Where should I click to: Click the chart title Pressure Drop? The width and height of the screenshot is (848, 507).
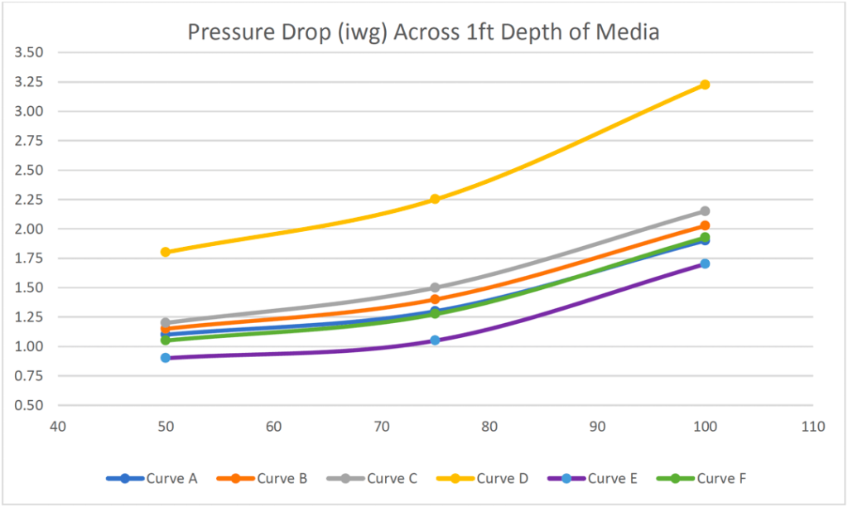coord(423,32)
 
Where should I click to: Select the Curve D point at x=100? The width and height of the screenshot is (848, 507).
coord(705,84)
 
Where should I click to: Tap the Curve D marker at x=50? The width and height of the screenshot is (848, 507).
coord(166,252)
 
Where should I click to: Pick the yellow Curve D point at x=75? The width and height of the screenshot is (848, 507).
coord(435,199)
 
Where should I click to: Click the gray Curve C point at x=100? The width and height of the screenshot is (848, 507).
coord(705,211)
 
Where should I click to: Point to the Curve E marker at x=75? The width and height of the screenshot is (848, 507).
coord(435,340)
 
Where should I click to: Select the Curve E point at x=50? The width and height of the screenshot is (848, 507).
coord(166,358)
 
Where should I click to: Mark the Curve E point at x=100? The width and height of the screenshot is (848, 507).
coord(705,263)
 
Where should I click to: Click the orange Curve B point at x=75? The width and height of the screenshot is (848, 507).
coord(435,300)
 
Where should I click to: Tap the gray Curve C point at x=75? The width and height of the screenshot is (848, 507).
coord(435,287)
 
